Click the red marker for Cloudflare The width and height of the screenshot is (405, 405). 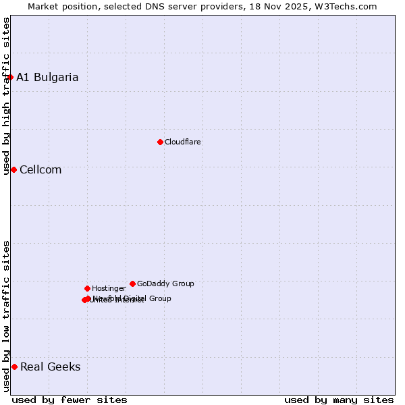coord(160,142)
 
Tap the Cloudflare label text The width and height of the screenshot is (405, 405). coord(182,142)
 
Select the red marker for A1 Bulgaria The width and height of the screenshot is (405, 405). coord(10,77)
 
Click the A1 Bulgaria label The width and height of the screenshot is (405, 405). coord(47,77)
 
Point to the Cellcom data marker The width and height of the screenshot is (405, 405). coord(13,169)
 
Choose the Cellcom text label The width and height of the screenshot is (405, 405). coord(40,169)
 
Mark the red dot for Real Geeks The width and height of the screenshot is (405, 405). coord(14,367)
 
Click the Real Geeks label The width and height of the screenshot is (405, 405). coord(50,367)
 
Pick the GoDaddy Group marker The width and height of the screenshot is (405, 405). coord(132,283)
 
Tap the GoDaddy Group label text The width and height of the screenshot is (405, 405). coord(165,283)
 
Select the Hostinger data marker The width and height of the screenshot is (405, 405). coord(87,288)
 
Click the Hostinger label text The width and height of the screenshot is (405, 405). coord(109,288)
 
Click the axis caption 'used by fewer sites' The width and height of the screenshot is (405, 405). coord(70,400)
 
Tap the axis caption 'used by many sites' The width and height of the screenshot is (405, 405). coord(339,400)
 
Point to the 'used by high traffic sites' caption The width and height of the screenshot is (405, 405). coord(6,96)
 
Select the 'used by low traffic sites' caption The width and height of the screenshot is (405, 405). coord(6,316)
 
